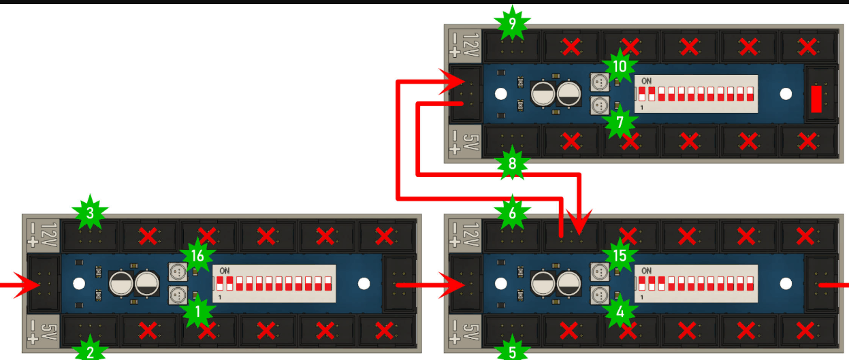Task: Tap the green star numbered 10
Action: click(619, 67)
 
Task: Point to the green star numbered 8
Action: click(513, 163)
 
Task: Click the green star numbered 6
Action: click(513, 212)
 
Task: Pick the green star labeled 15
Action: click(619, 255)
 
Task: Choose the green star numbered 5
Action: click(513, 351)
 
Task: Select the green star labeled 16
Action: click(197, 255)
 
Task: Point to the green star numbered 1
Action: click(197, 312)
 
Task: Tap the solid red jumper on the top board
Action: click(816, 99)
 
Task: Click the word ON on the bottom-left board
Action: click(225, 270)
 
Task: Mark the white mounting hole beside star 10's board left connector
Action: click(501, 95)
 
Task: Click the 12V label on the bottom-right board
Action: click(464, 233)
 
